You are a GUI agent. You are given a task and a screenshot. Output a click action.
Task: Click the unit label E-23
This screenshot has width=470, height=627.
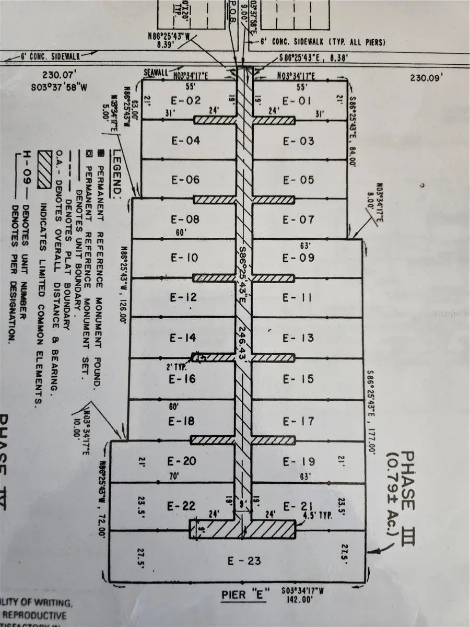pyautogui.click(x=244, y=561)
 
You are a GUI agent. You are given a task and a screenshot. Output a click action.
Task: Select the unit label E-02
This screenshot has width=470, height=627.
pyautogui.click(x=186, y=100)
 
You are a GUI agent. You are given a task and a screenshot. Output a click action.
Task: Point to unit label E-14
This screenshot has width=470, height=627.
pyautogui.click(x=183, y=339)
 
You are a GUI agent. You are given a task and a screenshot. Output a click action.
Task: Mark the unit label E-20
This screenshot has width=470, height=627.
pyautogui.click(x=182, y=461)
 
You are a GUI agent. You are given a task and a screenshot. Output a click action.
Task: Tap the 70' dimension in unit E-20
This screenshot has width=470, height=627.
pyautogui.click(x=173, y=477)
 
